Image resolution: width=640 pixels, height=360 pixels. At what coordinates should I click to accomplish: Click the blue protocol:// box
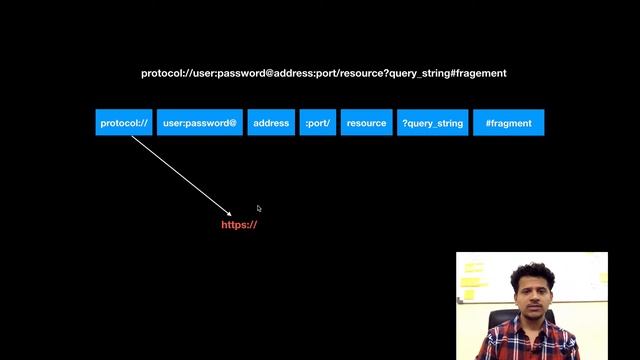124,123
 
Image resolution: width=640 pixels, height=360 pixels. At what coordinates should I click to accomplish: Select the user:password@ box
200,123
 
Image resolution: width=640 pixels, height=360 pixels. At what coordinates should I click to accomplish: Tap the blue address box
271,123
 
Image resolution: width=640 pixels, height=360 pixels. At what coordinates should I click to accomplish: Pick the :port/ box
318,123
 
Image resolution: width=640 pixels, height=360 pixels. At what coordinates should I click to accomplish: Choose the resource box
366,123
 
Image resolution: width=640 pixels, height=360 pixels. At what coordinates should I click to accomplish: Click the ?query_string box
433,123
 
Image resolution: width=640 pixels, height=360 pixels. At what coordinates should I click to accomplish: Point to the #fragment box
509,123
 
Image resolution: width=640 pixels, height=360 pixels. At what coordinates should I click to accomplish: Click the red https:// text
240,225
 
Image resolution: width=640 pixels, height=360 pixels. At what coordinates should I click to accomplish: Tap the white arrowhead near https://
229,212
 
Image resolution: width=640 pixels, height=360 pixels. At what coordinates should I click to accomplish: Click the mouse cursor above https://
258,208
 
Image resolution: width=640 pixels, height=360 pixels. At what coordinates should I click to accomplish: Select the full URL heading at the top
324,74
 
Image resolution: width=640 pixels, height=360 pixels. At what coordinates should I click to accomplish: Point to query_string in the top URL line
420,74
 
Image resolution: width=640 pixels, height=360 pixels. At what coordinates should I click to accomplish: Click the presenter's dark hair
530,272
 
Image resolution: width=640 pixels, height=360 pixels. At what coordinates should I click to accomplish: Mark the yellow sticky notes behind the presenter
473,280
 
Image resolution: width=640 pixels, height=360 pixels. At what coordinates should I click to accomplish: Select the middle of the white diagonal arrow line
181,174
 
